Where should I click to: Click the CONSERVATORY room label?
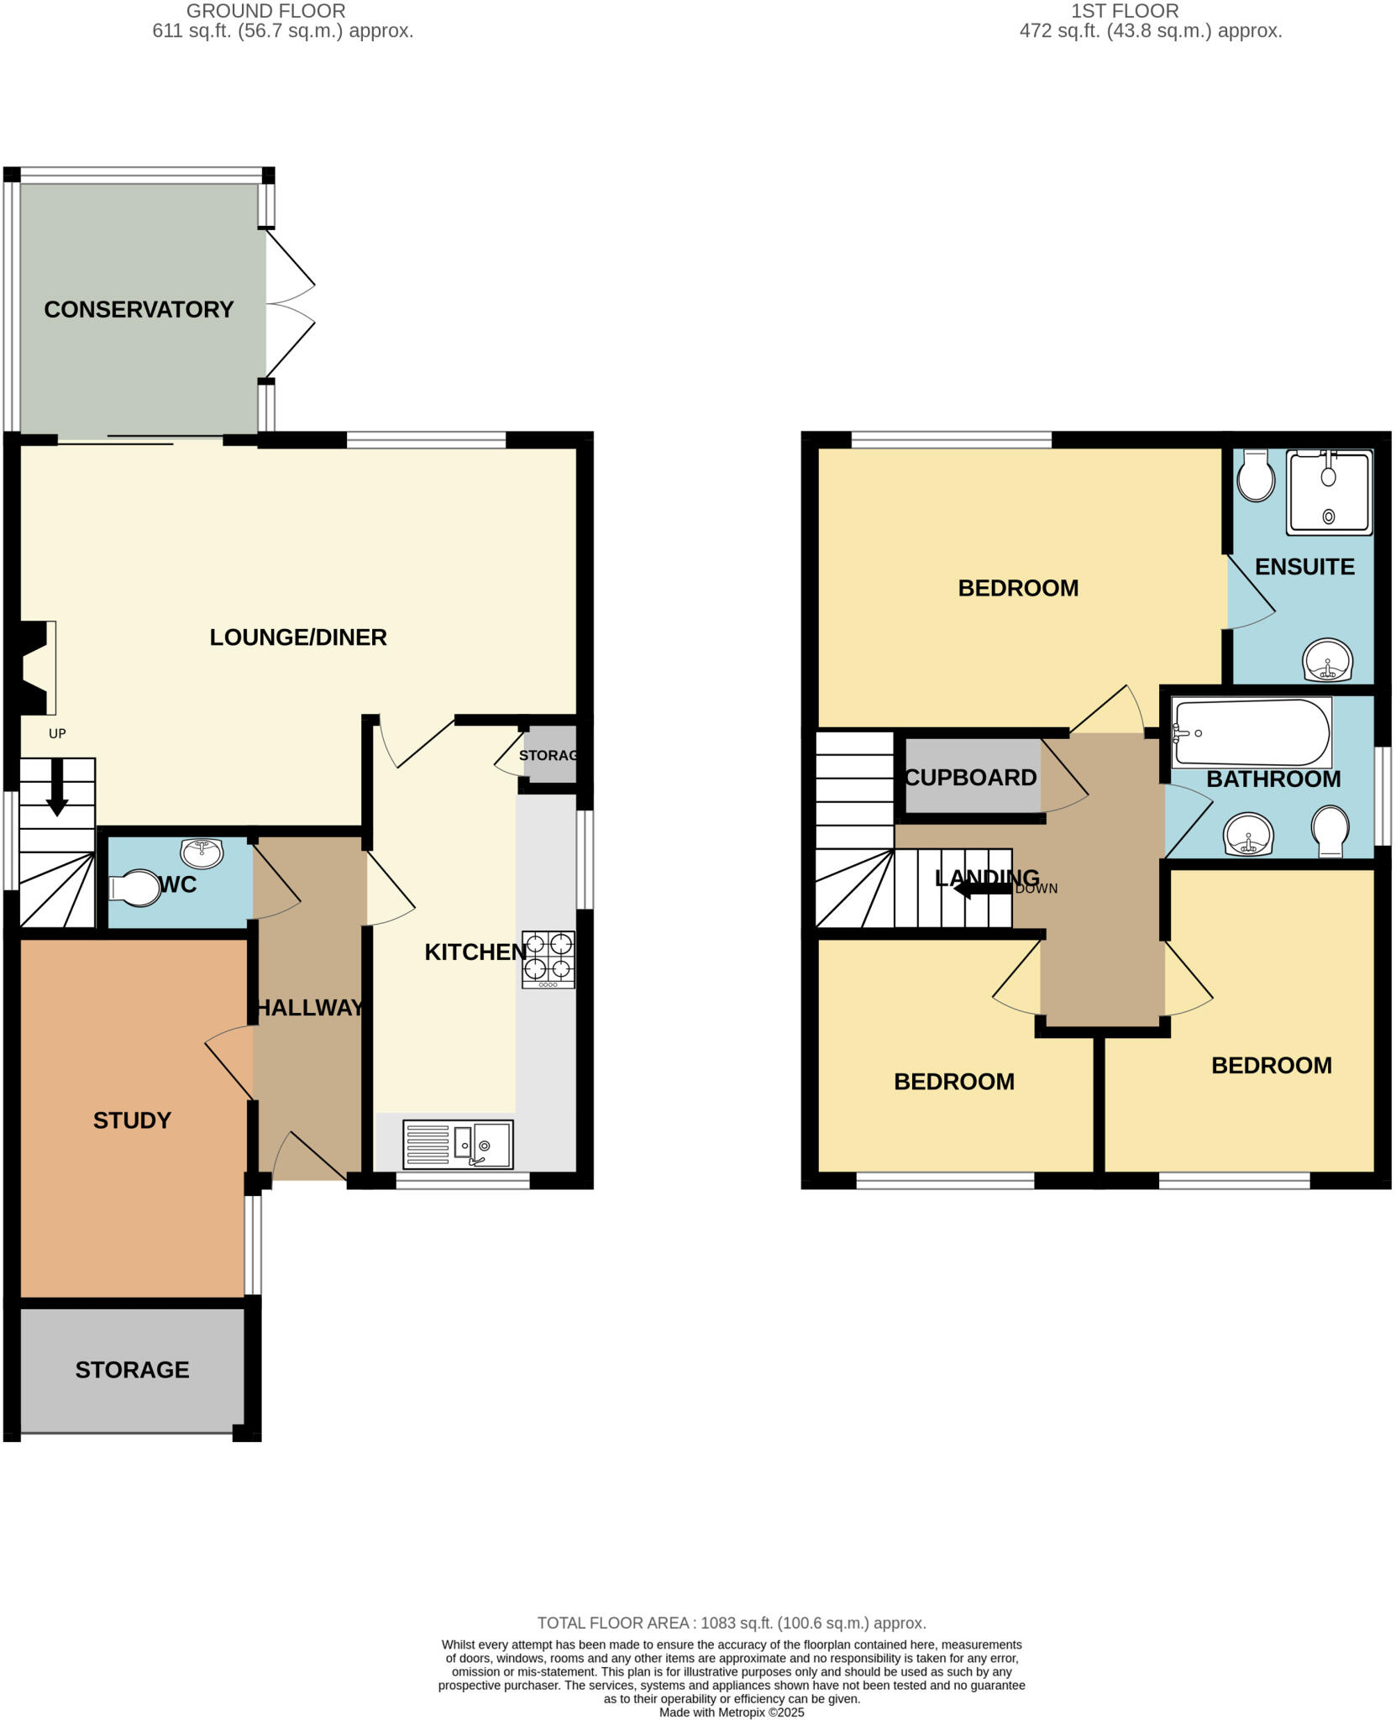(139, 310)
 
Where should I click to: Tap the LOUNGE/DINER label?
(298, 637)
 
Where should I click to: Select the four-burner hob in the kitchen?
(548, 959)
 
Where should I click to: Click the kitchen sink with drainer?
(458, 1144)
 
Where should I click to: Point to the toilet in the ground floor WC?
(135, 890)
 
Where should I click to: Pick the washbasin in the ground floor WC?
(202, 852)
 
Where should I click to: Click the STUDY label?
(132, 1120)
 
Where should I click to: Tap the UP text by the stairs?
(57, 734)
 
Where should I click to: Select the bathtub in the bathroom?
(1252, 733)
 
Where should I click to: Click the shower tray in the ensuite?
(1329, 492)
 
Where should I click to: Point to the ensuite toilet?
(1256, 476)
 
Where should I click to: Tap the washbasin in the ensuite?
(1328, 660)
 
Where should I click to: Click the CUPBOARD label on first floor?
(970, 778)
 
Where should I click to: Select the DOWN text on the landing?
(1037, 889)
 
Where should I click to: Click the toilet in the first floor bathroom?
(1330, 831)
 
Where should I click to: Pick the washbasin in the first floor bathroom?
(1249, 835)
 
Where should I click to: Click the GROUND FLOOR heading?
(265, 11)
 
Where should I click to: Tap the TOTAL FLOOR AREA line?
(731, 1623)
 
